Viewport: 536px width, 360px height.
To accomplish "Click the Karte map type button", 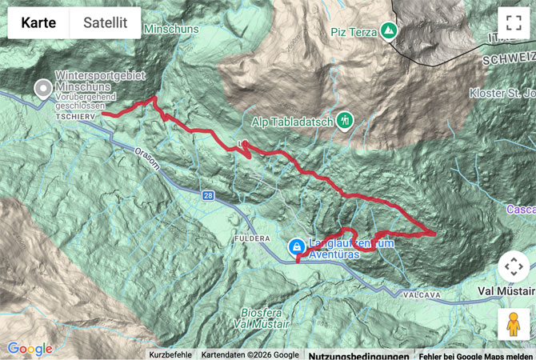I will (38, 23).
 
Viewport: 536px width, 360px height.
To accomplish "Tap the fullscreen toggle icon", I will (510, 22).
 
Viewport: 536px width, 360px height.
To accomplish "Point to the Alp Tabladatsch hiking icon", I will (346, 121).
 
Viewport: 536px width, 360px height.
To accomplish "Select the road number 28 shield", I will (208, 194).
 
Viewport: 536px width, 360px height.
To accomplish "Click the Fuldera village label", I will (249, 239).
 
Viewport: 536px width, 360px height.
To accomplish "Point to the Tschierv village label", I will (76, 117).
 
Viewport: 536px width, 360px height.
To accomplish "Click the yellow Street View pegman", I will (513, 324).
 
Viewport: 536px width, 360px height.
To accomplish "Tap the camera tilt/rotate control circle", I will (513, 268).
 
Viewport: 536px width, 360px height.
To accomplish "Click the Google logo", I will (30, 349).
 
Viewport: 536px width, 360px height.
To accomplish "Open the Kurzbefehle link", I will (170, 354).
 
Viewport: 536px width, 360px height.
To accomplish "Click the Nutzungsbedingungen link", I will (359, 354).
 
